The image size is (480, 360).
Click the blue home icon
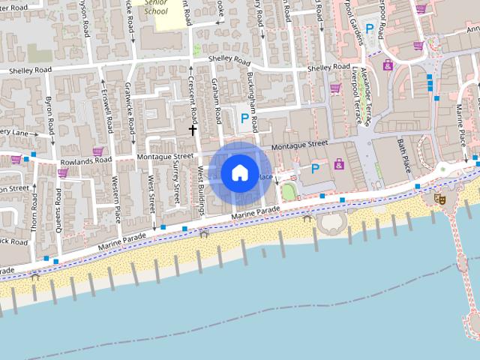[239, 172]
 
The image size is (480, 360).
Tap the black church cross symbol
[193, 130]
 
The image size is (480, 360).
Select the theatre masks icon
[439, 199]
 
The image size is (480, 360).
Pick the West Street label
[152, 193]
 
